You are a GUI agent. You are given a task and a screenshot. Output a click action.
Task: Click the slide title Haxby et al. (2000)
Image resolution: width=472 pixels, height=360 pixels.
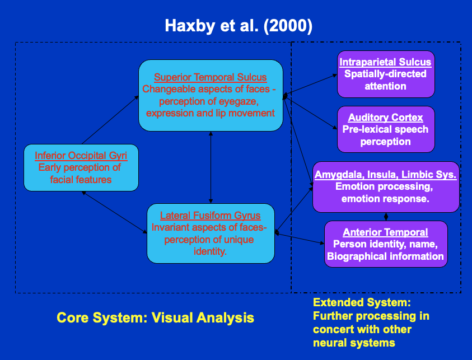click(238, 26)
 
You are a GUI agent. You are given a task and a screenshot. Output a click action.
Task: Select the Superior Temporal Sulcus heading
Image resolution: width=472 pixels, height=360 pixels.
click(210, 77)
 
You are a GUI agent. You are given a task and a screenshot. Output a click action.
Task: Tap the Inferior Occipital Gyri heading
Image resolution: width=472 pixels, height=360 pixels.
click(81, 155)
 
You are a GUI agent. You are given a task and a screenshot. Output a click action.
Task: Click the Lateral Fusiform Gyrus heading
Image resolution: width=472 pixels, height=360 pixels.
click(210, 215)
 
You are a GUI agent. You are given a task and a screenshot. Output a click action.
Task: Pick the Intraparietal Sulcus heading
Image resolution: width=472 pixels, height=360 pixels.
click(385, 62)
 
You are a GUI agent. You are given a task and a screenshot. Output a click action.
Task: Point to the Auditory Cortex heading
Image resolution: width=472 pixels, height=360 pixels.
click(385, 117)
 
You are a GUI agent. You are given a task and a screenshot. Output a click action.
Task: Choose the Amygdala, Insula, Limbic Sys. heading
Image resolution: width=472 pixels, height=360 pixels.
click(385, 174)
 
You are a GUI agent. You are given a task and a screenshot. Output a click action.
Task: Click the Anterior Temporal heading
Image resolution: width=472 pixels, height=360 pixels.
click(385, 232)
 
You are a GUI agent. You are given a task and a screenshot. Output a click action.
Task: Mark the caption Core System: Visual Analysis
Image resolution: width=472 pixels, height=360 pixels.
click(155, 318)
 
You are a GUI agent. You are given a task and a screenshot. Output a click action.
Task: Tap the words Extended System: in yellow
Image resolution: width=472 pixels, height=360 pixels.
click(362, 303)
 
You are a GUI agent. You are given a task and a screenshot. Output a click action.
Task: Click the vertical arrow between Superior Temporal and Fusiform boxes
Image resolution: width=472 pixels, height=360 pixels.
click(211, 167)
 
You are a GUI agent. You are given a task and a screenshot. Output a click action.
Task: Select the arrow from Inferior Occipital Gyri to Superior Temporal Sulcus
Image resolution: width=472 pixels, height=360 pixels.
click(110, 120)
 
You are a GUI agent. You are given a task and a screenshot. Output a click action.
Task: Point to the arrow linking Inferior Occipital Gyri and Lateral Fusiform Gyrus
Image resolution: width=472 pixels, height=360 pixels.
click(114, 212)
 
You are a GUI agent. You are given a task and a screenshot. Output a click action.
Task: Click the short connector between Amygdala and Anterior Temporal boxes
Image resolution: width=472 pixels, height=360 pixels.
click(386, 217)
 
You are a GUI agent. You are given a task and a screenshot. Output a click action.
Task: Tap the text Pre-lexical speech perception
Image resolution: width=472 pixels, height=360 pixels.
click(385, 135)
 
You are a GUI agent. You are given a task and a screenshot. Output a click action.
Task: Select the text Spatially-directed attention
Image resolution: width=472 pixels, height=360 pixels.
click(385, 80)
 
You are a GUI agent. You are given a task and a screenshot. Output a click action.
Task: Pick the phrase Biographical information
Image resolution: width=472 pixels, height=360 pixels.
click(385, 256)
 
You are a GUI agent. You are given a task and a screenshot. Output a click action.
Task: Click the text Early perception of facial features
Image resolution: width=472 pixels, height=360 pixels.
click(81, 174)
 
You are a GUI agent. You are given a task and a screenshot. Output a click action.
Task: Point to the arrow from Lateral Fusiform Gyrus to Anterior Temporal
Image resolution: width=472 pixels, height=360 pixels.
click(300, 239)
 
